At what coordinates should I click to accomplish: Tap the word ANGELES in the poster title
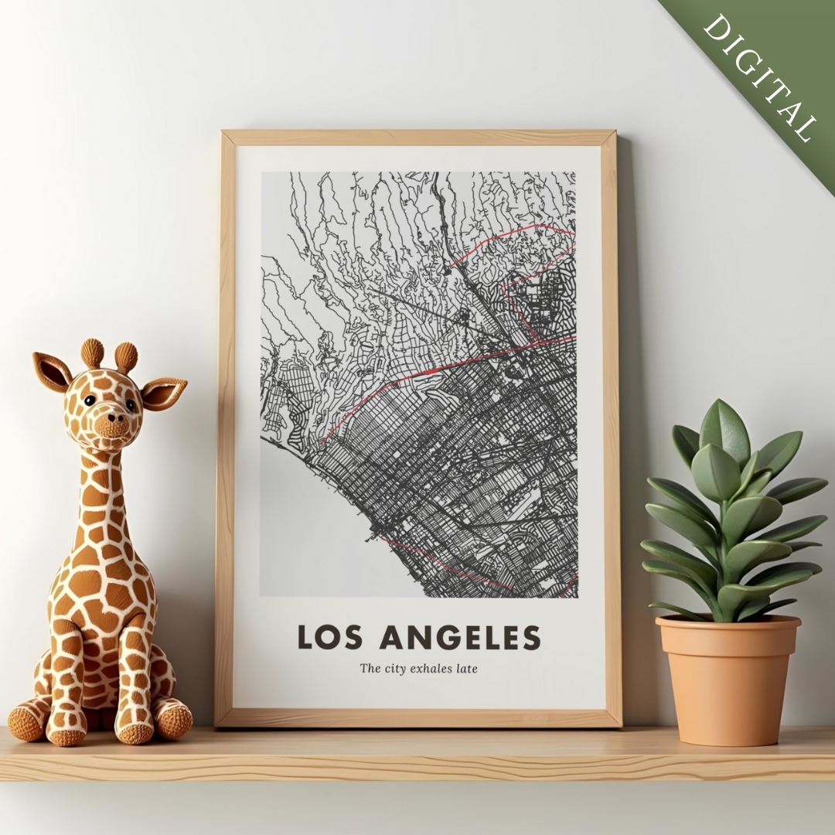pos(460,637)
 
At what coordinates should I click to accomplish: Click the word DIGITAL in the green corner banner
pos(759,77)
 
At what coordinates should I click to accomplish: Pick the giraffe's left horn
pos(92,353)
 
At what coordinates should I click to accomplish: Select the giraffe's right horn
pos(126,357)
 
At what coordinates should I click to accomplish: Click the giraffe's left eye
pos(90,400)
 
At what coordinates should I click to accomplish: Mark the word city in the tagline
pos(394,668)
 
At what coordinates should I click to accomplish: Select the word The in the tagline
pos(370,668)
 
